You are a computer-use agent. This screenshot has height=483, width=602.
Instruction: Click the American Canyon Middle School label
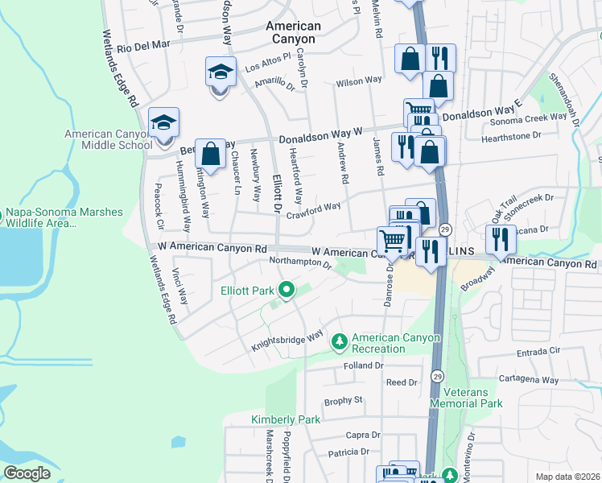pos(108,140)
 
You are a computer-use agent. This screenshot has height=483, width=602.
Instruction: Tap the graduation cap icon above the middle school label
pos(163,123)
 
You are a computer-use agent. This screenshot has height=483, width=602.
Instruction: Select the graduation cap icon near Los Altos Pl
pos(221,73)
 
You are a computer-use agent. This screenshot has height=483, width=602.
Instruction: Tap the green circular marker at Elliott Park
pos(285,290)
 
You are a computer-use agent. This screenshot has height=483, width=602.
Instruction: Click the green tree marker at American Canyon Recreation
pos(340,343)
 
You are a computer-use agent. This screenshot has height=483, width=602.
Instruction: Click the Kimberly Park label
pos(285,419)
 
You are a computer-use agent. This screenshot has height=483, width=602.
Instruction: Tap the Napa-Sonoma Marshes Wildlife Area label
pos(64,218)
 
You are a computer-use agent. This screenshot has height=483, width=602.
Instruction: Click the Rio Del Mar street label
pos(144,47)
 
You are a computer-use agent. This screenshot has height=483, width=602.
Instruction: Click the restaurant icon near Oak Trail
pos(501,238)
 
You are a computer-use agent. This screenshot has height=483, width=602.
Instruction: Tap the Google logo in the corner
pos(27,473)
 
